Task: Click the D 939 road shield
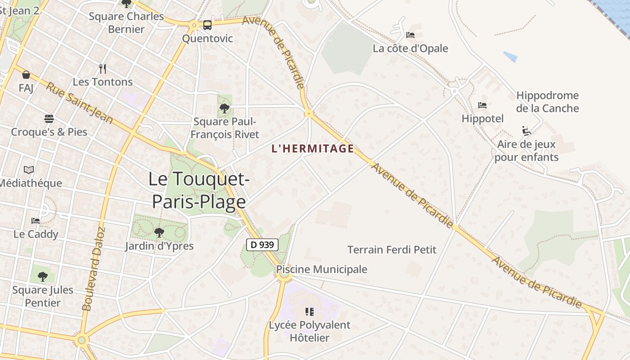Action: tap(262, 245)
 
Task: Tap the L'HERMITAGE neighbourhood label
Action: tap(313, 148)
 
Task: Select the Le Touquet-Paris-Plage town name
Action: tap(199, 190)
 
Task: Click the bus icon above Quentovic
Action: tap(207, 25)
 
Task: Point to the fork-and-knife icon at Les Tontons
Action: tap(103, 69)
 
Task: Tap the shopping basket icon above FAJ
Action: tap(26, 75)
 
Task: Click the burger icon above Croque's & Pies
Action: tap(49, 119)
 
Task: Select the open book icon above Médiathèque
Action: tap(29, 170)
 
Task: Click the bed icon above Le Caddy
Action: tap(36, 220)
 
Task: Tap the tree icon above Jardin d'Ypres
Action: tap(159, 233)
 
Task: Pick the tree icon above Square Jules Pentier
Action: tap(43, 276)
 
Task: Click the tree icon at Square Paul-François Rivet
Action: tap(225, 108)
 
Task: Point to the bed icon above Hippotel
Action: tap(482, 105)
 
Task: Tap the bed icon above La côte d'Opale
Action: tap(410, 35)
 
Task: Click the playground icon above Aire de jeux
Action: tap(526, 130)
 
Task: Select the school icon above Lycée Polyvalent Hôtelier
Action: tap(309, 311)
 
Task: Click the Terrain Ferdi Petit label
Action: tap(392, 249)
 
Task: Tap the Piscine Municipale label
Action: tap(321, 269)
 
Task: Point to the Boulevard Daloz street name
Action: tap(93, 269)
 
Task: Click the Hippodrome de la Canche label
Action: tap(547, 102)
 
